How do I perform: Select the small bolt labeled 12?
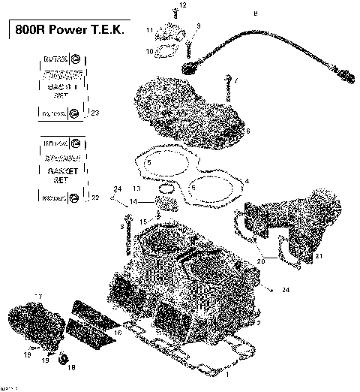pos(175,14)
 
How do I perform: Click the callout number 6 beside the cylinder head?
pos(247,131)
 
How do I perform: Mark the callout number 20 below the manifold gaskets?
pos(261,261)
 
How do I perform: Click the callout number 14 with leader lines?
pos(133,202)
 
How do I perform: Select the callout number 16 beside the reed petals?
pos(116,331)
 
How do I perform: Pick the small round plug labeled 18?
pos(63,357)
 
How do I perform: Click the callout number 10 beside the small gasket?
pos(149,51)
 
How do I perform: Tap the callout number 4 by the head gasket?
pos(247,181)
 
